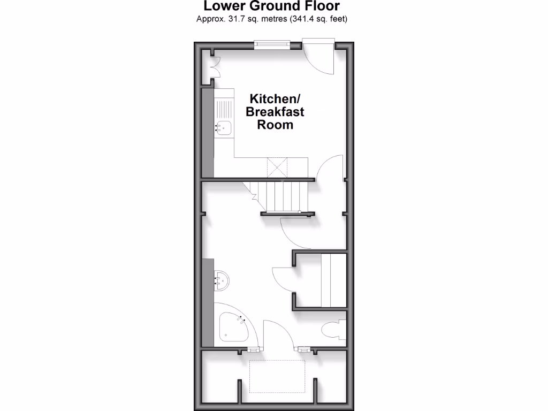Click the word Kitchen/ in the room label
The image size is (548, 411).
pos(276,99)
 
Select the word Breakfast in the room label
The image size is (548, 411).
pos(276,112)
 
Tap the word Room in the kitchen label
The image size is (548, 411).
pos(276,125)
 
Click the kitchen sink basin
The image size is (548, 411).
pos(224,127)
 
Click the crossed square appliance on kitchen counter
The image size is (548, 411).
pos(277,168)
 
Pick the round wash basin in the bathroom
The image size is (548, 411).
pos(222,280)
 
